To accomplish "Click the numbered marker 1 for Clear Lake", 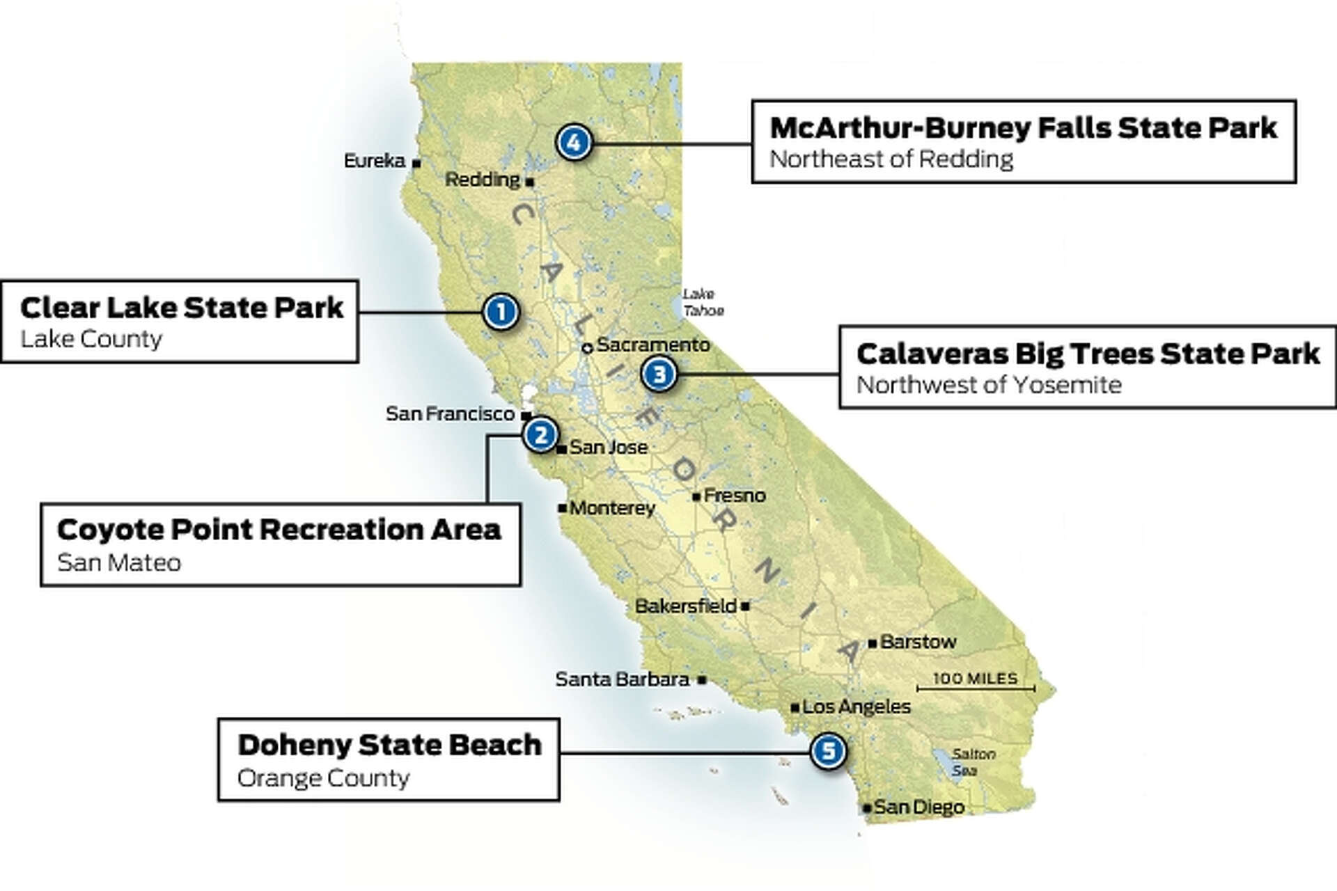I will click(x=501, y=311).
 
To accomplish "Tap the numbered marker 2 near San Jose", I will click(x=540, y=435).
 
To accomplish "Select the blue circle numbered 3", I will click(x=659, y=374).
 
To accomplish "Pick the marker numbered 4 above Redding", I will click(x=574, y=143).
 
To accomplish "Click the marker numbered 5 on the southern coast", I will click(x=828, y=751).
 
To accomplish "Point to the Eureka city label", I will click(x=375, y=161).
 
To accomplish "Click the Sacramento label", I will click(x=652, y=345).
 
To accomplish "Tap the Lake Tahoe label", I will click(x=703, y=302).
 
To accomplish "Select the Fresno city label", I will click(x=734, y=496).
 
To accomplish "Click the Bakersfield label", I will click(x=685, y=606).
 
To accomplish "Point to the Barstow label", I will click(x=918, y=642).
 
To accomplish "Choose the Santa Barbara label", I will click(x=622, y=679).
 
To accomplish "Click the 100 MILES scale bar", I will click(x=975, y=688).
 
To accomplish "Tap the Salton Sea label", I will click(x=973, y=762).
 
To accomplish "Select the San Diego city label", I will click(x=918, y=807).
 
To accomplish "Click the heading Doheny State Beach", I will click(x=389, y=745).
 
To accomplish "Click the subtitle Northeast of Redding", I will click(x=891, y=159).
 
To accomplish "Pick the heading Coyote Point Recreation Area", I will click(x=279, y=530).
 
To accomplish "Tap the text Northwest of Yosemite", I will click(x=988, y=385).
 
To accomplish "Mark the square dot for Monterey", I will click(x=562, y=508).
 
